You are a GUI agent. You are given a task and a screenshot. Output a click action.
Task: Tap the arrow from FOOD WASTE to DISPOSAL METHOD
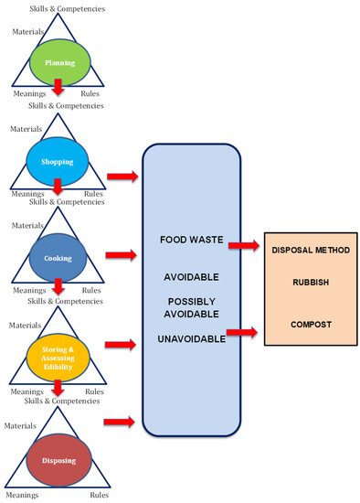click(x=243, y=245)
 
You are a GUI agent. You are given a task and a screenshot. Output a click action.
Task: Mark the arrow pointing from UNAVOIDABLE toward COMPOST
click(x=243, y=335)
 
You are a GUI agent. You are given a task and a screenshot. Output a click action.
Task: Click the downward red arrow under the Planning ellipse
click(x=58, y=87)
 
